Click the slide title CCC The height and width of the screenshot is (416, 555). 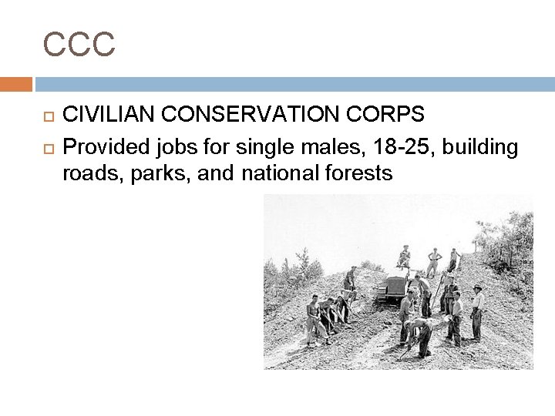(x=79, y=44)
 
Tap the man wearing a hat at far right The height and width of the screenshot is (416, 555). (x=478, y=312)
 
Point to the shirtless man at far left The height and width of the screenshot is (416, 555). (x=311, y=317)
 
